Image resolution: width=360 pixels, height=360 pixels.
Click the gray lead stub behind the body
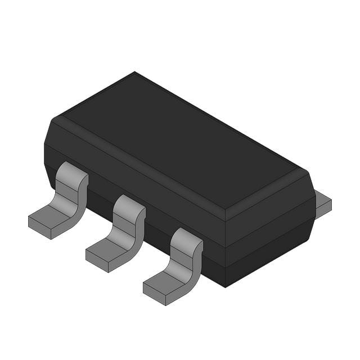coord(323,204)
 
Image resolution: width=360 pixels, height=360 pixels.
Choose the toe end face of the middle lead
coord(97,260)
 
